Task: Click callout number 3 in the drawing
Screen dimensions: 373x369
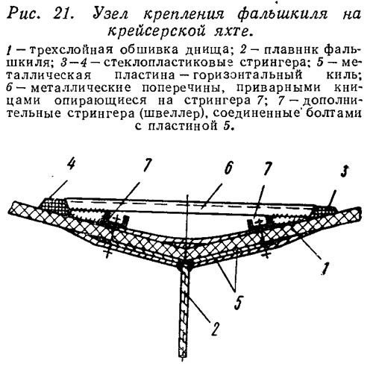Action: pyautogui.click(x=344, y=171)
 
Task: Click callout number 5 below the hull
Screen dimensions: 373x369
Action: pyautogui.click(x=238, y=302)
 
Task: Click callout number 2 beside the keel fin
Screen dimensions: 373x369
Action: pyautogui.click(x=216, y=329)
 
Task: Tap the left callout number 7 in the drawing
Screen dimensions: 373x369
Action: pyautogui.click(x=147, y=165)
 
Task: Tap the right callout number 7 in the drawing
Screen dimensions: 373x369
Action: pyautogui.click(x=267, y=169)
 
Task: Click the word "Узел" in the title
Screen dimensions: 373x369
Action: pyautogui.click(x=110, y=13)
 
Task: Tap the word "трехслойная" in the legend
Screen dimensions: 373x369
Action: pyautogui.click(x=73, y=51)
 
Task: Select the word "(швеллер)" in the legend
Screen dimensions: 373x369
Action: pyautogui.click(x=174, y=113)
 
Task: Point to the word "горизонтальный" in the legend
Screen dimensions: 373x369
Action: pyautogui.click(x=248, y=75)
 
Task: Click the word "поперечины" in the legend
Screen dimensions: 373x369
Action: pyautogui.click(x=182, y=87)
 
